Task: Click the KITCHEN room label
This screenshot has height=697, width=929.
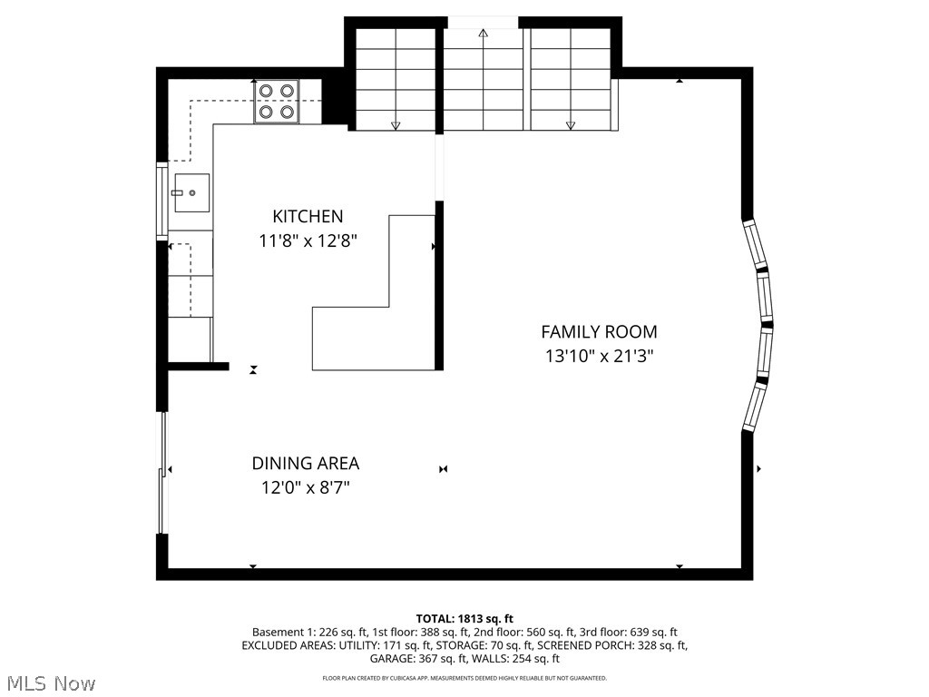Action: (x=308, y=216)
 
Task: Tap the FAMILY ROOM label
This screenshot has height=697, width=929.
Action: (x=599, y=332)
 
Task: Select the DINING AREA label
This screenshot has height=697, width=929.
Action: (x=306, y=464)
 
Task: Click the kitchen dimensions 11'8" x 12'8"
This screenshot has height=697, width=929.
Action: (x=308, y=241)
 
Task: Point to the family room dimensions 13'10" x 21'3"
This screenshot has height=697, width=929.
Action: (x=599, y=356)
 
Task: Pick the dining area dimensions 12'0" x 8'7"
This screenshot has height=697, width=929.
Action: (x=306, y=487)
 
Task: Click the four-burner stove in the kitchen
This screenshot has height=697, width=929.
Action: (x=277, y=102)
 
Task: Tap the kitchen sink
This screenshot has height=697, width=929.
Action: (x=192, y=192)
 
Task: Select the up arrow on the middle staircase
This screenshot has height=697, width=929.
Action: (x=484, y=80)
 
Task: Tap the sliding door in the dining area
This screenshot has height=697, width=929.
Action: (x=161, y=472)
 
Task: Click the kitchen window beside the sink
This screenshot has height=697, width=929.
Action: (x=161, y=201)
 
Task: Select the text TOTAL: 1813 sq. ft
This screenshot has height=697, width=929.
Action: (x=464, y=619)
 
